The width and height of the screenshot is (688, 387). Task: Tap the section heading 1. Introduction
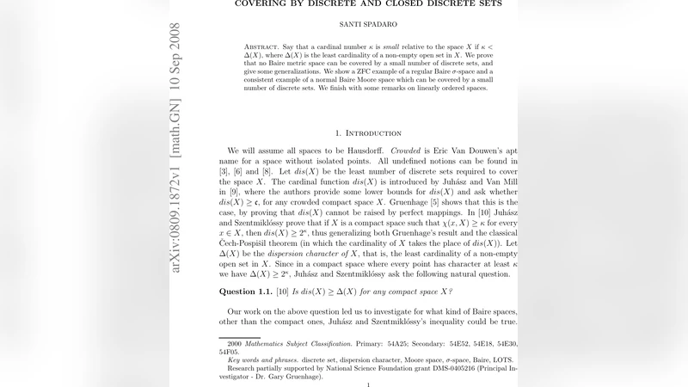(367, 133)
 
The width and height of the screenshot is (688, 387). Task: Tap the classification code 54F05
(229, 351)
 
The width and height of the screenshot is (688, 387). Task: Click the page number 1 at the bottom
(368, 384)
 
